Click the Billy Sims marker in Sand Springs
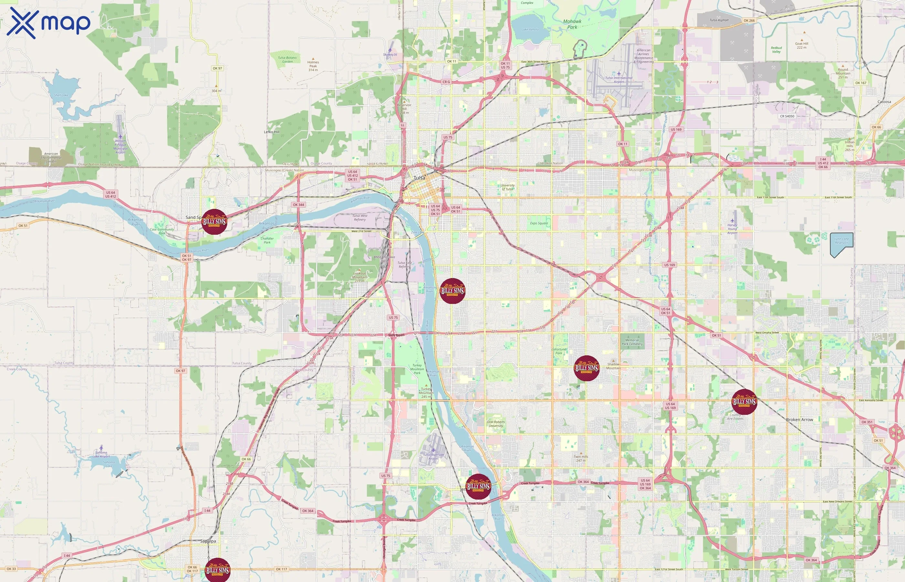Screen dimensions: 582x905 214,221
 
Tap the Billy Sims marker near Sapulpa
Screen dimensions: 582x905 217,570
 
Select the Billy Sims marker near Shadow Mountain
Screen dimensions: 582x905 586,368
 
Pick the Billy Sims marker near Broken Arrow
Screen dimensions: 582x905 744,402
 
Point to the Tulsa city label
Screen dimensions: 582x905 419,178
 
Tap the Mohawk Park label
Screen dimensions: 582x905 572,24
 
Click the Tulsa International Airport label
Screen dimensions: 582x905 619,80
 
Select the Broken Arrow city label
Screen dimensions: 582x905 799,419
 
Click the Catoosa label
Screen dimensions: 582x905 884,102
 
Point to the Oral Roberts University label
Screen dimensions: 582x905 495,424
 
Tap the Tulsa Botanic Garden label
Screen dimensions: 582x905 287,59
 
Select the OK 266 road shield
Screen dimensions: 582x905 749,21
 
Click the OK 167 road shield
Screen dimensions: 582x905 861,83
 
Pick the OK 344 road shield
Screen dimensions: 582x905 298,205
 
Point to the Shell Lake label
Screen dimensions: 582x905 61,95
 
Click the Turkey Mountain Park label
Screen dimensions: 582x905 417,369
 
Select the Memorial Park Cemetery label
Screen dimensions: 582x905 632,342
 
